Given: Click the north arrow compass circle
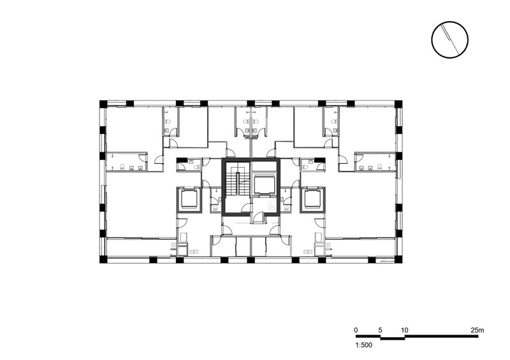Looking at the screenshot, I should [x=450, y=40].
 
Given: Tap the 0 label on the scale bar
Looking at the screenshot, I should [x=356, y=330].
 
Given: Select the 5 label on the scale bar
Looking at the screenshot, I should [x=381, y=330].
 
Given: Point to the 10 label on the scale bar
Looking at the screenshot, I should [x=404, y=330].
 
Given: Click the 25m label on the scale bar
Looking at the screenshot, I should [x=477, y=330].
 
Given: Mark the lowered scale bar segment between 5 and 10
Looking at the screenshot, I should [x=393, y=338].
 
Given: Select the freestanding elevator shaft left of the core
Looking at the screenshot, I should [x=189, y=199].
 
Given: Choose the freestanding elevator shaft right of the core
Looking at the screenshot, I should [x=312, y=199].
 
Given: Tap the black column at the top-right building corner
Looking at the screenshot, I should [x=398, y=104].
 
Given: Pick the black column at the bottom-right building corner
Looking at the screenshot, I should [x=398, y=259].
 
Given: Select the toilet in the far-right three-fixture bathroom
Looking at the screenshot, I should [x=379, y=167].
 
